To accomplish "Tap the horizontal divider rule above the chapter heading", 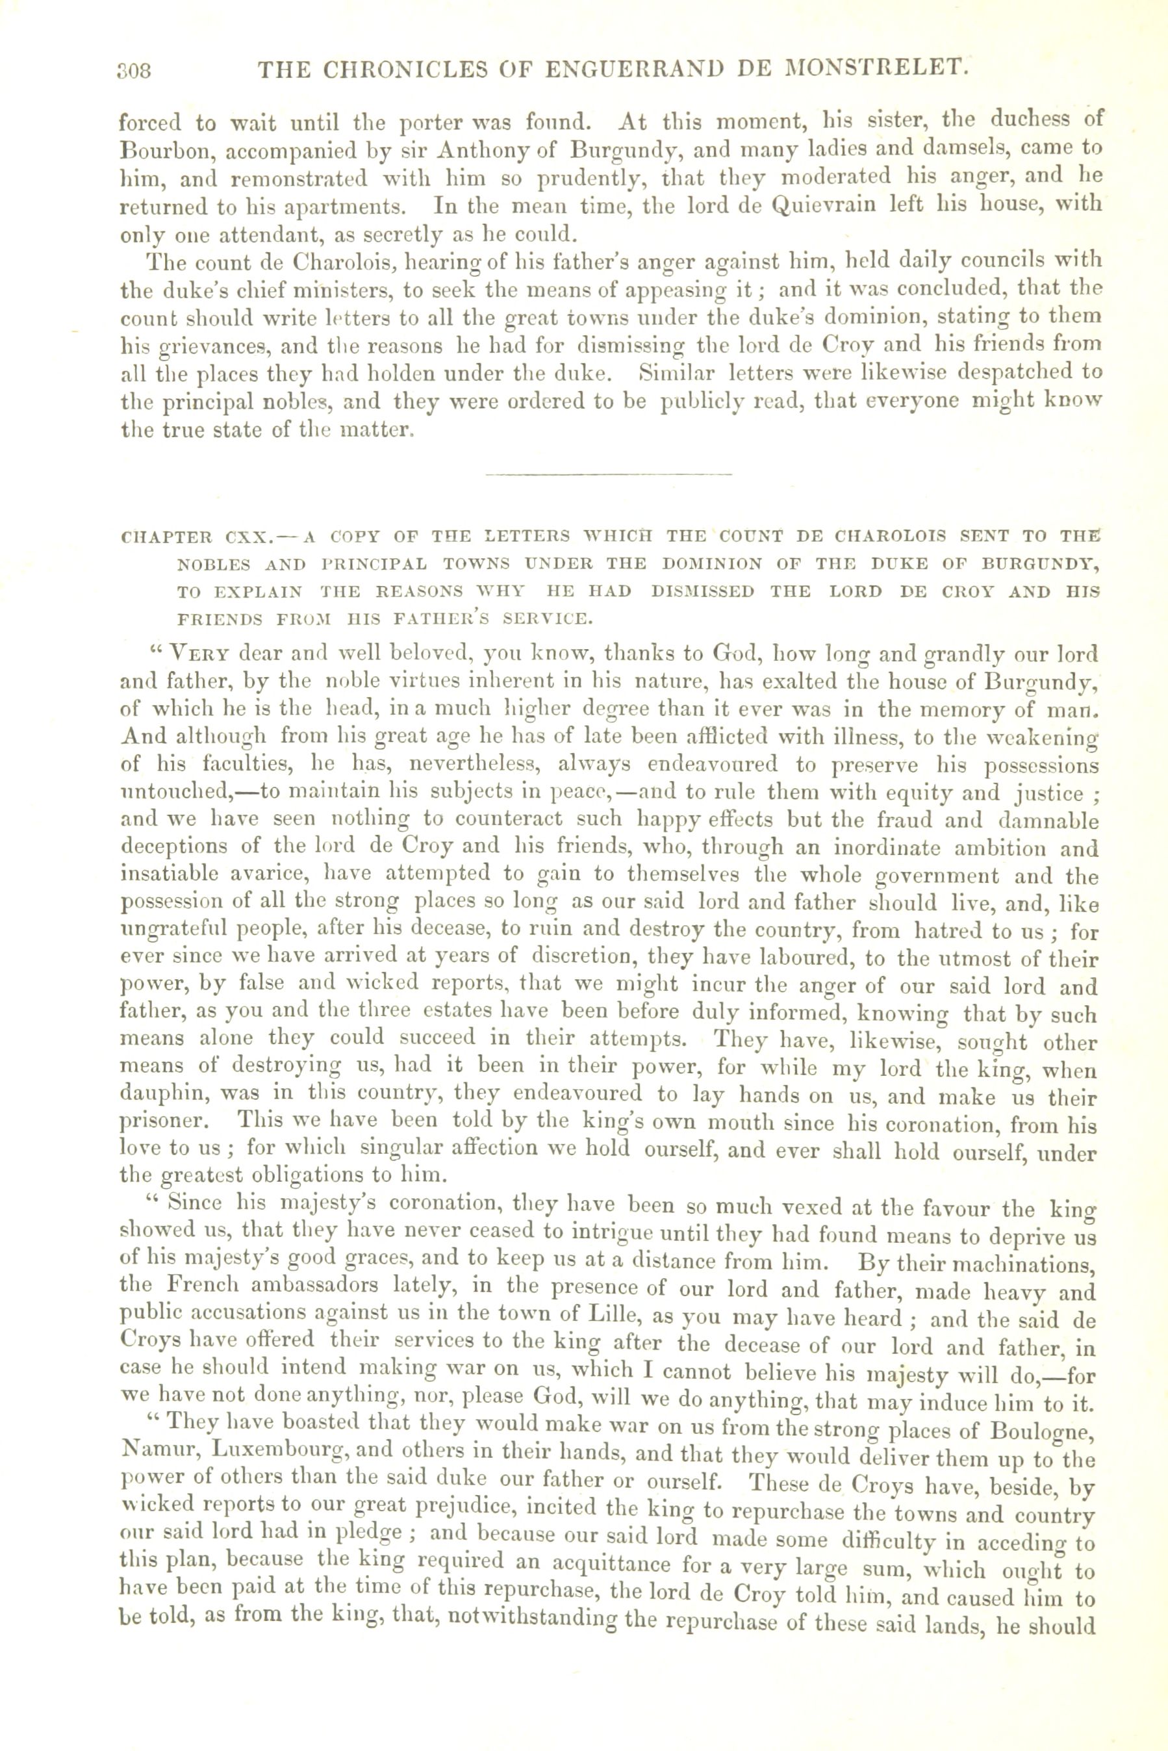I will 609,474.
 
